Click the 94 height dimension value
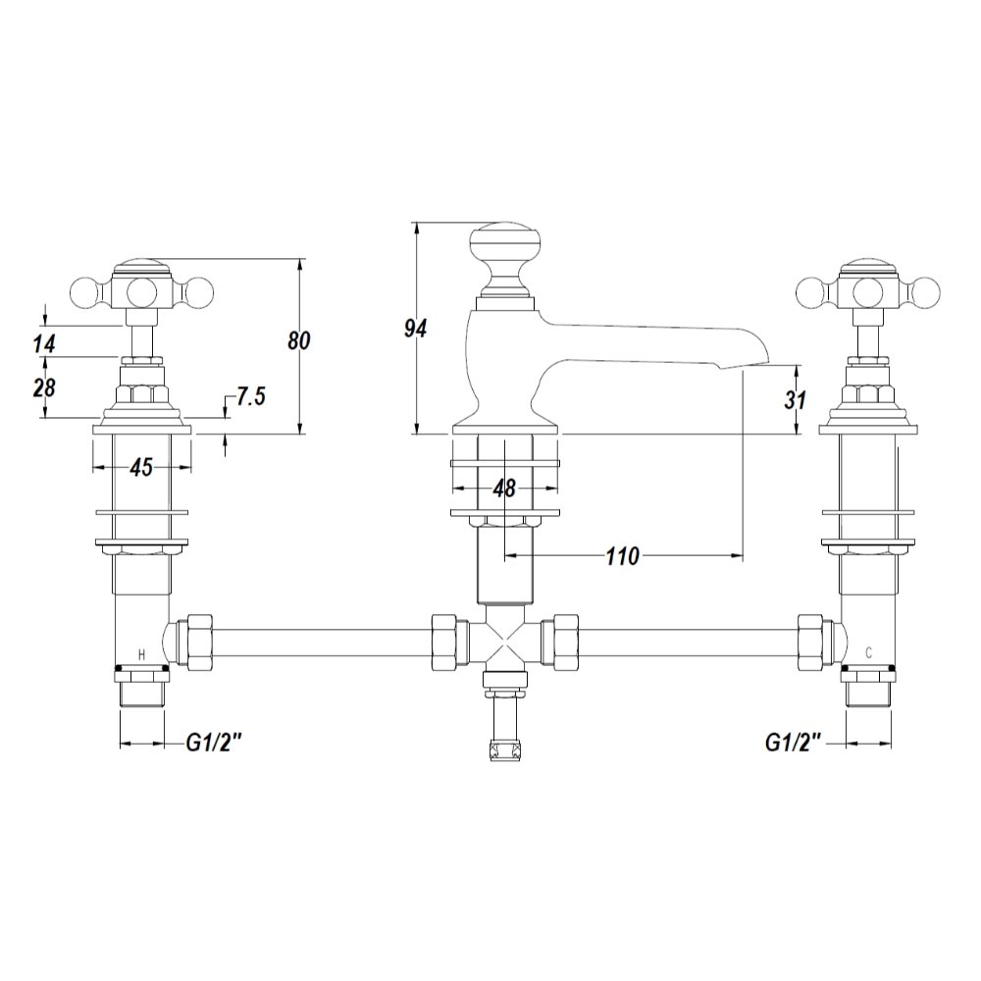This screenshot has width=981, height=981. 415,328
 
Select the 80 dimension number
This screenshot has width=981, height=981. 299,341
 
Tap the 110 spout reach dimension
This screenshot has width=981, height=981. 623,555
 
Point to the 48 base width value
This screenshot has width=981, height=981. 504,488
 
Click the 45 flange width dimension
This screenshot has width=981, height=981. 142,467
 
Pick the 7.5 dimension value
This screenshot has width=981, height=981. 251,396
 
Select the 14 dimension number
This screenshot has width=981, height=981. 44,343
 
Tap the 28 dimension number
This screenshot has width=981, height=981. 44,387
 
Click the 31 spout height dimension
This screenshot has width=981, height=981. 796,400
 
